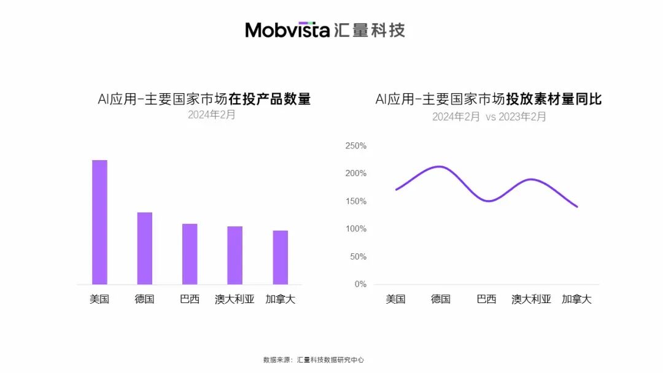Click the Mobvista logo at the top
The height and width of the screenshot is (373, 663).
point(325,29)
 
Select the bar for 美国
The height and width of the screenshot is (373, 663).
point(99,222)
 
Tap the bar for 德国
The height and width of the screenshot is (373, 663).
point(145,248)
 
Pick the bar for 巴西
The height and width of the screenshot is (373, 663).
point(190,254)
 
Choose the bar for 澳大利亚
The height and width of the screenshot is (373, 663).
point(235,255)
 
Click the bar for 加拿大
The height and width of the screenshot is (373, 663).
point(281,258)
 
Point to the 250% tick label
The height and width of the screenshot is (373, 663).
point(356,146)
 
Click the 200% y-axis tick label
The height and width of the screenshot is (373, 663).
point(356,174)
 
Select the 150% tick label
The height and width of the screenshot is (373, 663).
point(356,201)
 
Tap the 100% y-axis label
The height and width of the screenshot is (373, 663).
point(356,229)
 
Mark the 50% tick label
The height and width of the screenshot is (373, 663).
point(358,256)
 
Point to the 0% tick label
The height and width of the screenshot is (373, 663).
point(360,284)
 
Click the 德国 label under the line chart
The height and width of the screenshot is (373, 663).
point(441,299)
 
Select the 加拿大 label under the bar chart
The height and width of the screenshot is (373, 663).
point(281,300)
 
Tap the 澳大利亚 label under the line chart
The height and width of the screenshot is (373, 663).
point(532,299)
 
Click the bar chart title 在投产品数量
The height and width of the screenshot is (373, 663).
point(204,99)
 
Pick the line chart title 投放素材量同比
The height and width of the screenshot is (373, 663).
point(489,99)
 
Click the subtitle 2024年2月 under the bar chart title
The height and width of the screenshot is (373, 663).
point(211,115)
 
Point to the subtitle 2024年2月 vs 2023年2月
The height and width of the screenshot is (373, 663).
point(489,117)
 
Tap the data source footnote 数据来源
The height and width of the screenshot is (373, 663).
point(313,360)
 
